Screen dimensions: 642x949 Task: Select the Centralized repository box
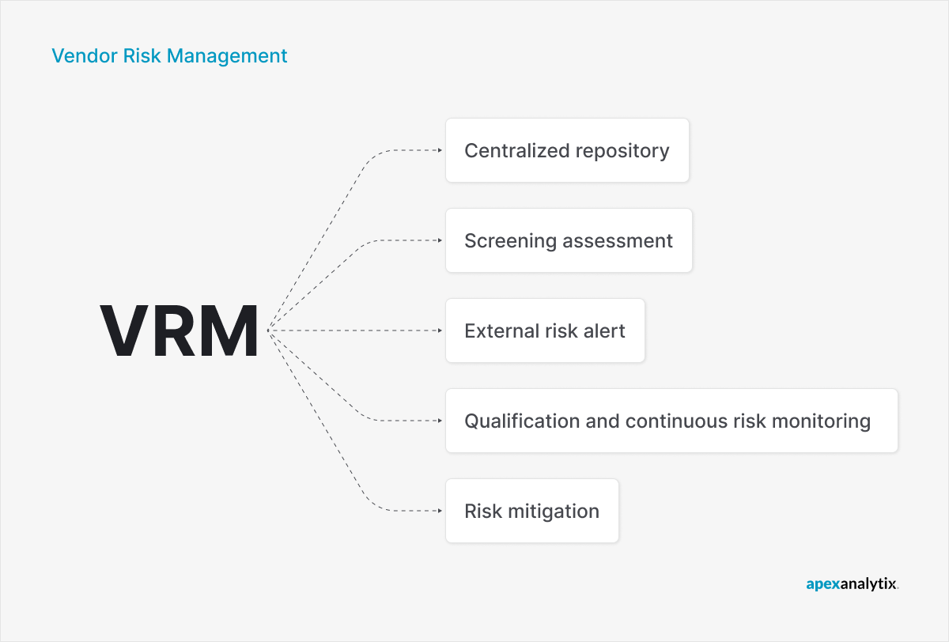[567, 150]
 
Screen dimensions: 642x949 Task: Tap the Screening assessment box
[569, 240]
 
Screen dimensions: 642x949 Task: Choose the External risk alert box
[545, 330]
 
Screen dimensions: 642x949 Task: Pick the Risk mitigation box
[531, 511]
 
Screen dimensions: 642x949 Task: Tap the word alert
[603, 330]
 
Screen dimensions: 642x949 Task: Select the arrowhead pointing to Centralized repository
[439, 150]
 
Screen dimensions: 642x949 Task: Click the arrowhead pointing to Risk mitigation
[439, 511]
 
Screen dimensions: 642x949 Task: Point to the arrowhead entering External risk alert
[439, 330]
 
